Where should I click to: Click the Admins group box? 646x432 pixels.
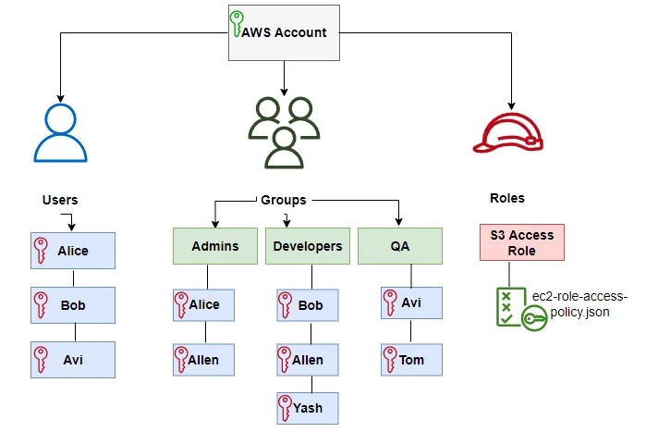[214, 247]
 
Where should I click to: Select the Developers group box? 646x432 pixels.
[308, 247]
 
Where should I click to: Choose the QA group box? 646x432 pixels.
[400, 247]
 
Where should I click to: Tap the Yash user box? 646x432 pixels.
[308, 407]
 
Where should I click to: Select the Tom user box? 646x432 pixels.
[411, 360]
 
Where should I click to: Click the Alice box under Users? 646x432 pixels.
[72, 251]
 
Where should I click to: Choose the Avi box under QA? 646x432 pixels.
[411, 303]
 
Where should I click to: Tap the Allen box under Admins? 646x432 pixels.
[204, 360]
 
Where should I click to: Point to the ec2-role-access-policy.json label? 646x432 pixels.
[579, 304]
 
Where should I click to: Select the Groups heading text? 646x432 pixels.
[283, 199]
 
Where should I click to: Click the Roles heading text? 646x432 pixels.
[506, 198]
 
